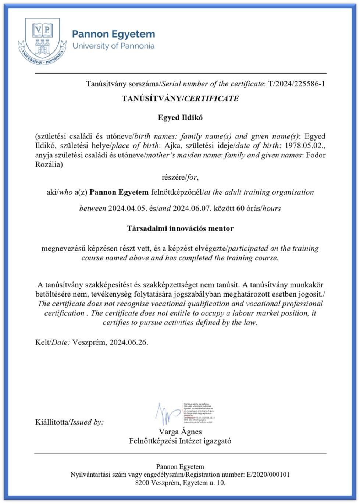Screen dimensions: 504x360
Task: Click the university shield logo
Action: tap(42, 41)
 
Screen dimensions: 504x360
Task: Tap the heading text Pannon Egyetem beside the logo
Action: tap(113, 34)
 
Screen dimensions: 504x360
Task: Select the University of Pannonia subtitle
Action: tap(113, 46)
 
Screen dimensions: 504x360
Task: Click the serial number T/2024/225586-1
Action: tap(296, 84)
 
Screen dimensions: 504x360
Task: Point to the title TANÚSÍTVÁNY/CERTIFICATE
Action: tap(180, 99)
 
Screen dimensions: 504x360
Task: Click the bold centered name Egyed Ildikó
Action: tap(180, 118)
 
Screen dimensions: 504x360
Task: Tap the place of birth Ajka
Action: tap(172, 146)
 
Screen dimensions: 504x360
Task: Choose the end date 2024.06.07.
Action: tap(192, 209)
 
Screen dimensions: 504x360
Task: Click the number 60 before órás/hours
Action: tap(240, 209)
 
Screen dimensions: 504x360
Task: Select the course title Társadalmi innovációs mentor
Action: tap(180, 228)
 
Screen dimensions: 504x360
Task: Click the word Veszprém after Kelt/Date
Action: tap(89, 342)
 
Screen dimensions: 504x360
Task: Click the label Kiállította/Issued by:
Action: tap(69, 422)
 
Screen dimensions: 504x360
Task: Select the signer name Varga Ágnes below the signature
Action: tap(180, 432)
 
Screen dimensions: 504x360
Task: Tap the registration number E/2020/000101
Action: tap(268, 475)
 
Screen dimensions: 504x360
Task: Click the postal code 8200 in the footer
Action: tap(142, 483)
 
